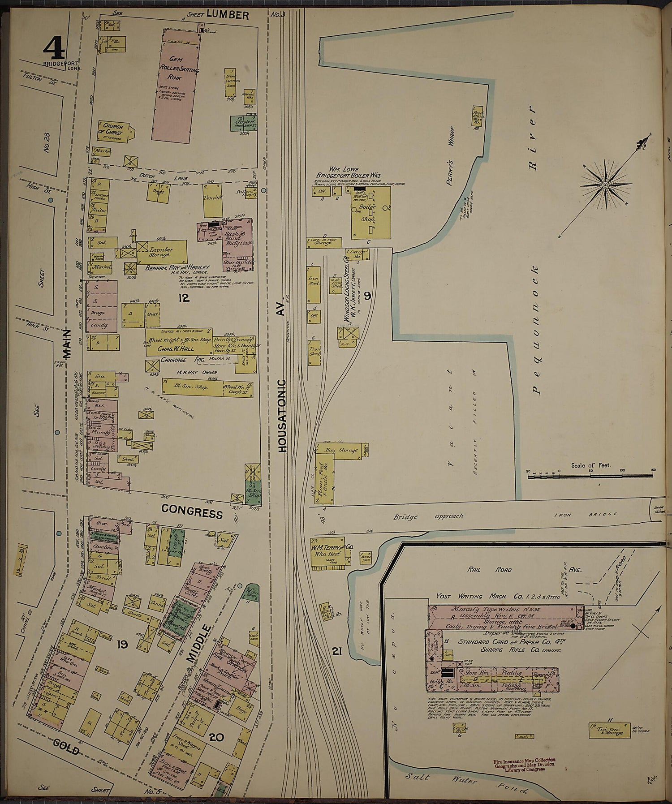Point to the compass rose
pyautogui.click(x=605, y=185)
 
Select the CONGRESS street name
pyautogui.click(x=192, y=511)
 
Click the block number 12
pyautogui.click(x=182, y=297)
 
